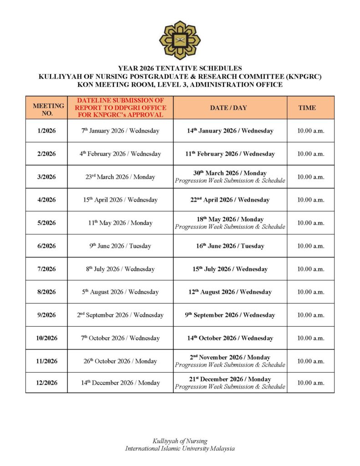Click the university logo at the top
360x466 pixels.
(x=180, y=40)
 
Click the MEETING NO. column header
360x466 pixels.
(x=46, y=108)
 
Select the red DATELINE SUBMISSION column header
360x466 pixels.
(x=120, y=108)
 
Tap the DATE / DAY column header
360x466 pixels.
(x=230, y=108)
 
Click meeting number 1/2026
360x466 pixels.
(x=46, y=131)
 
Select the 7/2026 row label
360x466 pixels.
(x=46, y=269)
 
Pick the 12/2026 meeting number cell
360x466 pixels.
(x=46, y=383)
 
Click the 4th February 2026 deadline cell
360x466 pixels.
(x=120, y=154)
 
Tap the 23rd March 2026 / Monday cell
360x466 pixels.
(x=120, y=177)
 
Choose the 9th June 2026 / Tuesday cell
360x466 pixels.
(x=120, y=246)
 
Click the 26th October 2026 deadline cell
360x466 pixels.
(x=120, y=361)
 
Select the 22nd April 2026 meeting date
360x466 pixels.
(x=230, y=200)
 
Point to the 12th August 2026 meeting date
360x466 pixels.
(x=230, y=292)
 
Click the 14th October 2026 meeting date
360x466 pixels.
(x=230, y=338)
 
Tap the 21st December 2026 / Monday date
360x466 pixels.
(x=230, y=379)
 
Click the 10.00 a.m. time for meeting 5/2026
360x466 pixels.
(x=310, y=223)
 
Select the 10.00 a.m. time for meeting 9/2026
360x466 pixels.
(x=310, y=315)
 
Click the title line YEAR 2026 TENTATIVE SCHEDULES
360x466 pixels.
(x=180, y=68)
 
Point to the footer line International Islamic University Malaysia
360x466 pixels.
(x=180, y=448)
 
